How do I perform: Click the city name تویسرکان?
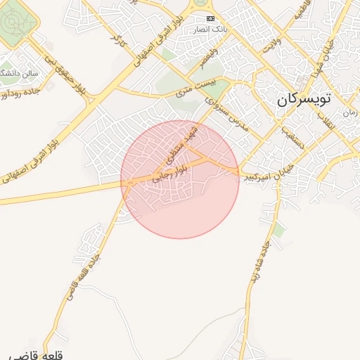click(302, 99)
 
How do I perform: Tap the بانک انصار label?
click(211, 29)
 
